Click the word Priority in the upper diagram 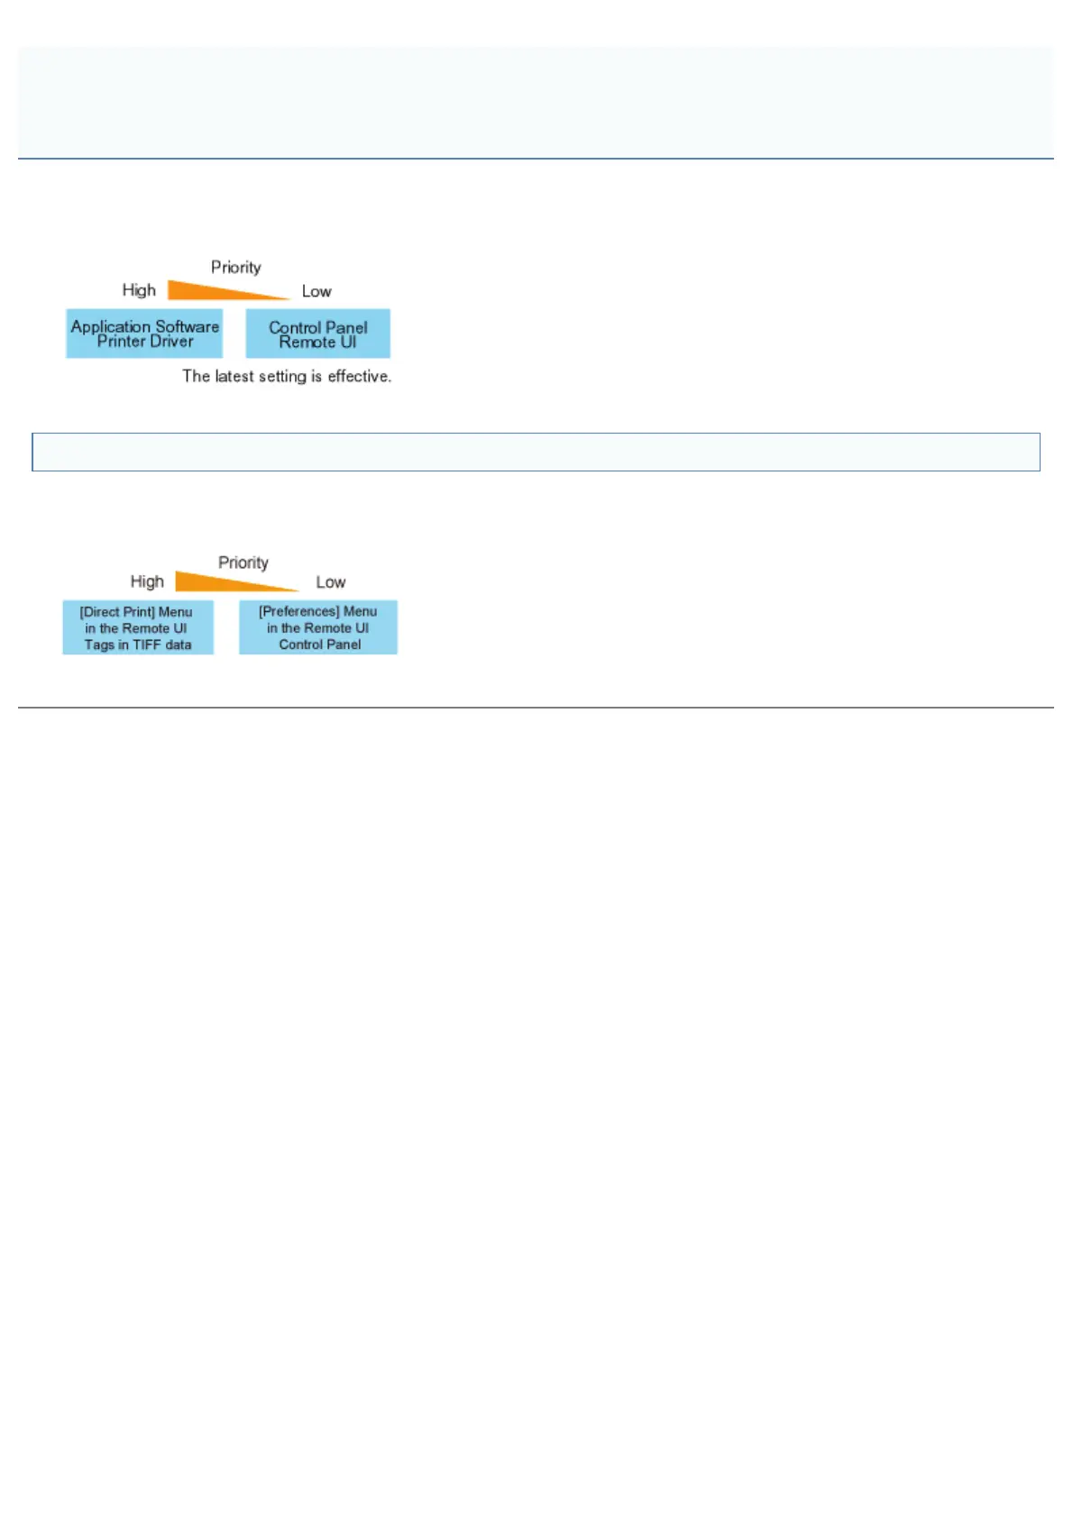pyautogui.click(x=236, y=267)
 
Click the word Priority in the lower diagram pyautogui.click(x=243, y=562)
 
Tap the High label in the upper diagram pyautogui.click(x=139, y=290)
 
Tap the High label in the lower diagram pyautogui.click(x=147, y=581)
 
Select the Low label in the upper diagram pyautogui.click(x=316, y=291)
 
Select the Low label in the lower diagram pyautogui.click(x=331, y=582)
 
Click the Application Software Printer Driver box pyautogui.click(x=144, y=334)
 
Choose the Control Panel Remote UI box pyautogui.click(x=318, y=334)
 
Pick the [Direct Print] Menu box pyautogui.click(x=138, y=627)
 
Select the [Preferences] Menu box pyautogui.click(x=318, y=627)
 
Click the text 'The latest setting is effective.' pyautogui.click(x=287, y=376)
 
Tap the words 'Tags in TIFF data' pyautogui.click(x=138, y=645)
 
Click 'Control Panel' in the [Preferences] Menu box pyautogui.click(x=320, y=645)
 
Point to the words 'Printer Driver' pyautogui.click(x=145, y=342)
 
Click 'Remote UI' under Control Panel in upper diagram pyautogui.click(x=318, y=343)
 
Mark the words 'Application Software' pyautogui.click(x=145, y=325)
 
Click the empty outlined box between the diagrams pyautogui.click(x=536, y=452)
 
